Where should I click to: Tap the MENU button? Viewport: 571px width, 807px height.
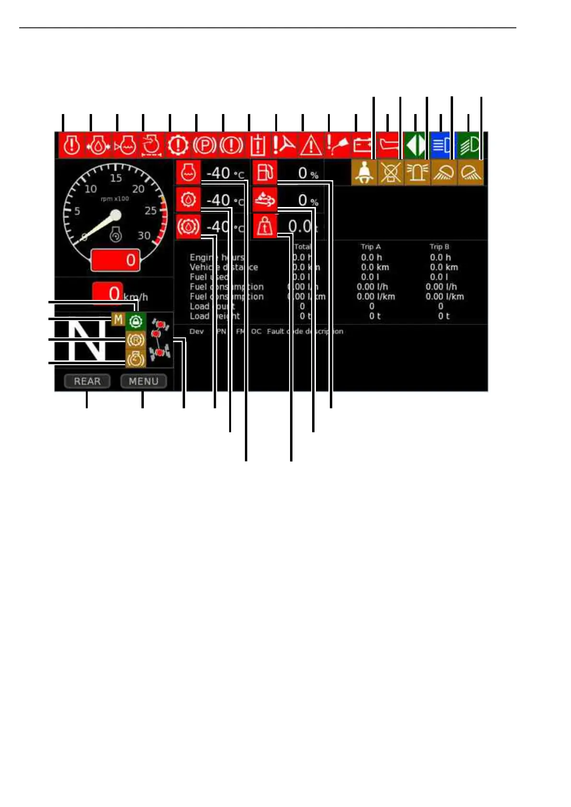tap(143, 381)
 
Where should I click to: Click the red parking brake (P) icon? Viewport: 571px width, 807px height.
tap(205, 145)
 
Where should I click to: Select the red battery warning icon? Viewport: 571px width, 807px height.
tap(362, 145)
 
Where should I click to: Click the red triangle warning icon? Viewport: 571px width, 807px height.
tap(311, 145)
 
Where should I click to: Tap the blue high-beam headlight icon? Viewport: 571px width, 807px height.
tap(441, 145)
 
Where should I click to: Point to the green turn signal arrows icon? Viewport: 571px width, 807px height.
tap(414, 145)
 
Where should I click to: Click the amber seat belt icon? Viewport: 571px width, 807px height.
tap(364, 173)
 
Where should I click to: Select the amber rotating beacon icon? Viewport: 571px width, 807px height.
tap(417, 173)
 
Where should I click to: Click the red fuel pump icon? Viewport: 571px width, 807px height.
tap(265, 173)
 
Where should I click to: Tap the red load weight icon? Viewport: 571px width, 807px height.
tap(265, 226)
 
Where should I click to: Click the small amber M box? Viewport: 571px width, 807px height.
tap(118, 319)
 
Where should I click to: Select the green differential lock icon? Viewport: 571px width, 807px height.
tap(136, 321)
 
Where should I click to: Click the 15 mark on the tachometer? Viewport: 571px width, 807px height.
tap(116, 178)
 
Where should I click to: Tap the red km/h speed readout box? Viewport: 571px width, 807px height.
tap(107, 293)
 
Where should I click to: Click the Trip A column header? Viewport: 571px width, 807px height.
tap(371, 247)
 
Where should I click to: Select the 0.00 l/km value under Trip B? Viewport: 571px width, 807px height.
tap(444, 297)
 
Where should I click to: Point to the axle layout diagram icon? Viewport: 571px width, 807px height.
tap(160, 340)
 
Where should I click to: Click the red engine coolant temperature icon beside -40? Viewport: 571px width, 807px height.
tap(188, 173)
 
